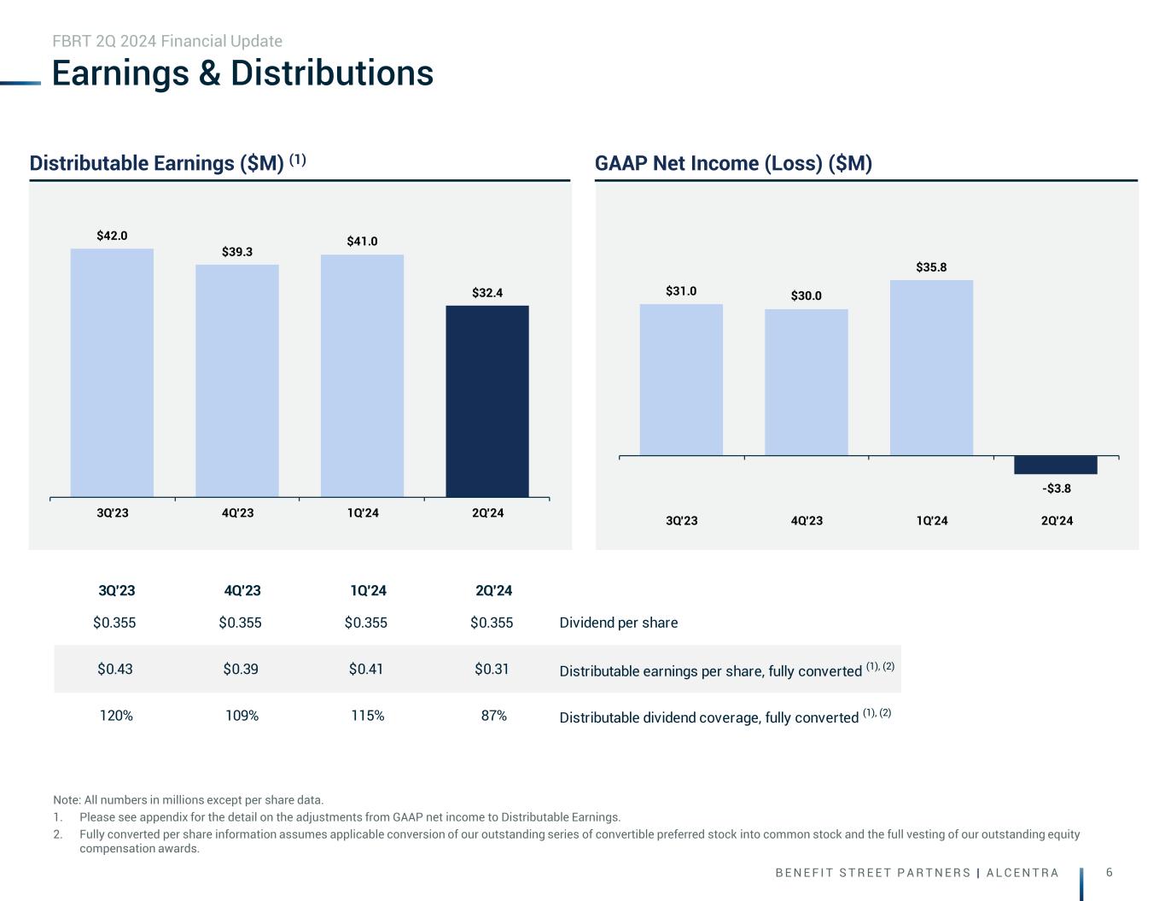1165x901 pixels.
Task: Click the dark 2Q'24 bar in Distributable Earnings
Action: click(x=487, y=401)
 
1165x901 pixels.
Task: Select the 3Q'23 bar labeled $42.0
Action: click(x=112, y=372)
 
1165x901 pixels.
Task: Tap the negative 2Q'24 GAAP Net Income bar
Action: click(x=1056, y=465)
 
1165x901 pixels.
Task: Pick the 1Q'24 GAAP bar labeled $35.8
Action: click(x=931, y=367)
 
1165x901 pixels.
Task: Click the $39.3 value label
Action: click(x=237, y=252)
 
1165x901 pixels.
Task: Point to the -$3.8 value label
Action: click(x=1057, y=489)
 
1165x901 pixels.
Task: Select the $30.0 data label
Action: click(x=806, y=295)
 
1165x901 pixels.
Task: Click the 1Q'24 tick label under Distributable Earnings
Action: click(x=363, y=513)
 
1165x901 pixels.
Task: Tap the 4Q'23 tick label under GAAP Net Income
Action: click(x=807, y=521)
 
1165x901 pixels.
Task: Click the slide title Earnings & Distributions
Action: click(x=242, y=73)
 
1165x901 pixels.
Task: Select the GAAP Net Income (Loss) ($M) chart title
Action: click(x=733, y=163)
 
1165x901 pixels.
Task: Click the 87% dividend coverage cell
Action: click(x=494, y=716)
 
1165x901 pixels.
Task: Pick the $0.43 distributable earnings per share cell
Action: click(x=114, y=669)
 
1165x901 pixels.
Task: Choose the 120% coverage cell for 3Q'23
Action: click(x=116, y=716)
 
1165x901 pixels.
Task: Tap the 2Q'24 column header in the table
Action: click(x=493, y=590)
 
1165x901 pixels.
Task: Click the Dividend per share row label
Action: click(x=618, y=623)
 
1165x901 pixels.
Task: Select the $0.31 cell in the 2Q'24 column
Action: click(x=492, y=669)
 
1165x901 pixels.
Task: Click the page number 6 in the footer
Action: click(x=1109, y=872)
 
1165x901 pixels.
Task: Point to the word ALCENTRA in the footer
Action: click(x=1022, y=873)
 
